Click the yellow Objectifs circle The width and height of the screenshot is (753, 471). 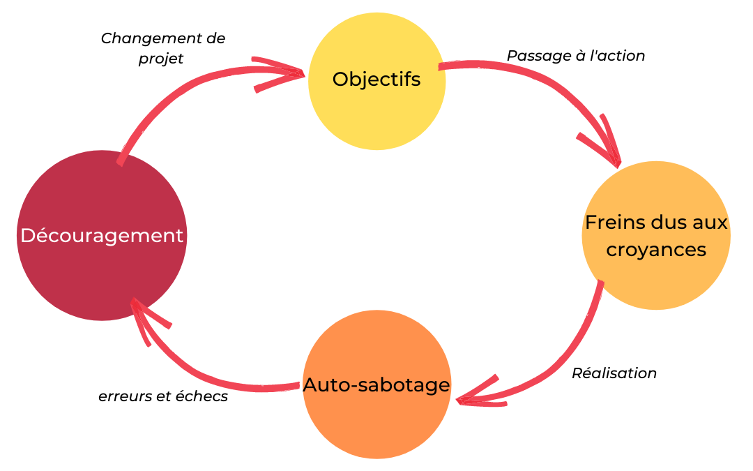tap(376, 112)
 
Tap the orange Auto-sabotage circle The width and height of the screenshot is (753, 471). tap(376, 419)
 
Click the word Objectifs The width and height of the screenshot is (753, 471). tap(376, 80)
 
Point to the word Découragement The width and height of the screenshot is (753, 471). tap(102, 236)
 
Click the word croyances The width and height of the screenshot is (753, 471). tap(656, 249)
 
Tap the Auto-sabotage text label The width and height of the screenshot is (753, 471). tap(376, 384)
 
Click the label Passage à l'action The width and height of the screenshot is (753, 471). tap(575, 55)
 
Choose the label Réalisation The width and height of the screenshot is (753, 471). tap(614, 373)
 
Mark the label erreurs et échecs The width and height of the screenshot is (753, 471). tap(163, 396)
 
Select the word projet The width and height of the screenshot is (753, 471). tap(160, 59)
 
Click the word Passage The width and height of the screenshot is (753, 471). tap(534, 55)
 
